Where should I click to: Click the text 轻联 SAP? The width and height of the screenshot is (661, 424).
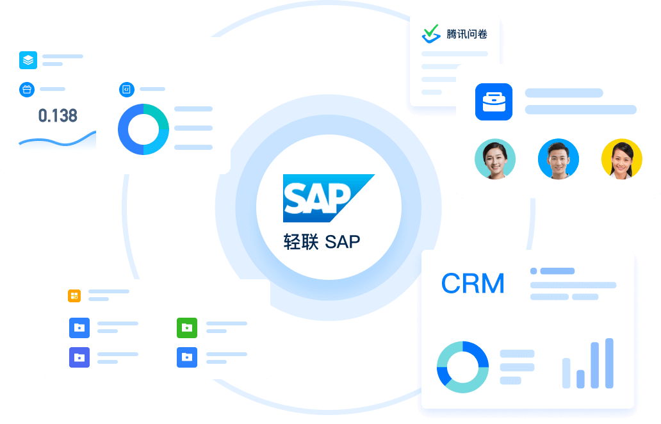tap(322, 242)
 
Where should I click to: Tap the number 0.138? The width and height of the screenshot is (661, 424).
tap(58, 116)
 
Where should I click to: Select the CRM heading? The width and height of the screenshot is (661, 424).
tap(473, 284)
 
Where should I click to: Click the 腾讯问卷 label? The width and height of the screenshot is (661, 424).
tap(467, 34)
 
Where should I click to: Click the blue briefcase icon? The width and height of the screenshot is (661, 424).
tap(494, 102)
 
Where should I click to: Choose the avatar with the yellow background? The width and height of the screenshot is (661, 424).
tap(621, 159)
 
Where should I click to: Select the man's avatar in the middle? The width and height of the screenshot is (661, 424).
tap(558, 159)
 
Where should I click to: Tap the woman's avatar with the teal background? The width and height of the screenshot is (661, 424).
tap(495, 159)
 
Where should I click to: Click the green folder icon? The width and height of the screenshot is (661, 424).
tap(186, 327)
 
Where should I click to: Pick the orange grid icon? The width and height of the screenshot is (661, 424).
tap(74, 295)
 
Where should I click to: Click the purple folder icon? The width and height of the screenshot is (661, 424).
tap(79, 357)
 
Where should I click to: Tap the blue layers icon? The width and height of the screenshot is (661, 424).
tap(28, 60)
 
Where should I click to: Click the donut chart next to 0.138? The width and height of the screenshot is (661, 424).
tap(143, 129)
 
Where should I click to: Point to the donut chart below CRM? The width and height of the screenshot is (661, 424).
tap(462, 367)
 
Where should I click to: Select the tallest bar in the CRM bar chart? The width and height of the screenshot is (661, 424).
tap(609, 363)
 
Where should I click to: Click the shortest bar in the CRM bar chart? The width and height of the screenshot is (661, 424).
tap(580, 379)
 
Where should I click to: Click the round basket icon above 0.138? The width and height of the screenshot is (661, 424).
tap(27, 89)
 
